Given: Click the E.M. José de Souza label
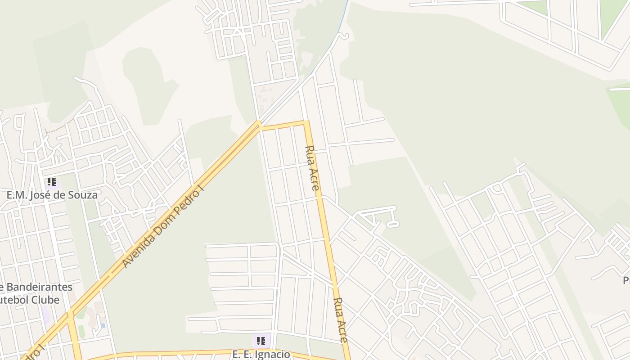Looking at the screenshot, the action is coord(52,195).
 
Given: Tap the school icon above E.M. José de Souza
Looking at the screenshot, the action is coord(52,182).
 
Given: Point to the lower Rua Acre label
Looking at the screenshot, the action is coord(341,320).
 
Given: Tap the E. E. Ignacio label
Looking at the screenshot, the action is coord(261,354).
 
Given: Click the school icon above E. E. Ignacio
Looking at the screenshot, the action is coord(261,341).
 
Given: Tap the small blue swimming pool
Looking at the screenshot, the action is coord(103,325).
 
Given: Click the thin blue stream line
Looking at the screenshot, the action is coord(344,18).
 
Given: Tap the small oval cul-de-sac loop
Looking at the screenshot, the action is coord(393,224).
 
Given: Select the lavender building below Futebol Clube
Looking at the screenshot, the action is coord(45,315).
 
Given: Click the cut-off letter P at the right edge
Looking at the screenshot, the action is coord(626,281).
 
